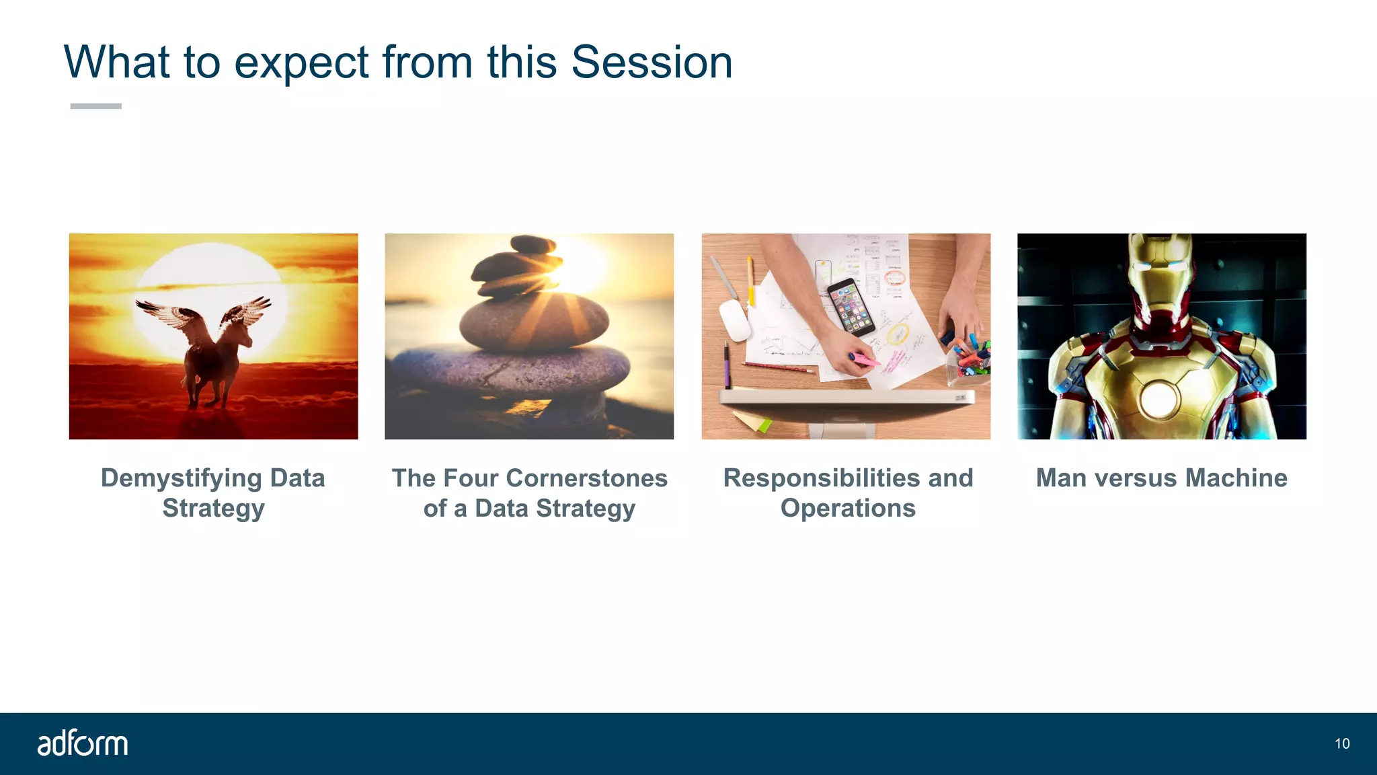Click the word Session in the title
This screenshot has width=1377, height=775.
click(651, 62)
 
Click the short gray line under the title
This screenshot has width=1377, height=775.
click(95, 106)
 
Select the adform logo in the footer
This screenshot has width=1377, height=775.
click(82, 743)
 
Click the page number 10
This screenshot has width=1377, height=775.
click(1342, 743)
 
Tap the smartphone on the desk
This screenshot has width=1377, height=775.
click(851, 307)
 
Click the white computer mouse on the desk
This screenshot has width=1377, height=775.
click(734, 320)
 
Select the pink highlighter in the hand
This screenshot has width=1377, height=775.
click(864, 360)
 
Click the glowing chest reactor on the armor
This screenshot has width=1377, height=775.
click(1159, 399)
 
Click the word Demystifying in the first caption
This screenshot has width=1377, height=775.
click(181, 478)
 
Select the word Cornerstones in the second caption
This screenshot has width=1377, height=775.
click(586, 478)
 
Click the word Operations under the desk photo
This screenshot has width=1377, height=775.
click(848, 509)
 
